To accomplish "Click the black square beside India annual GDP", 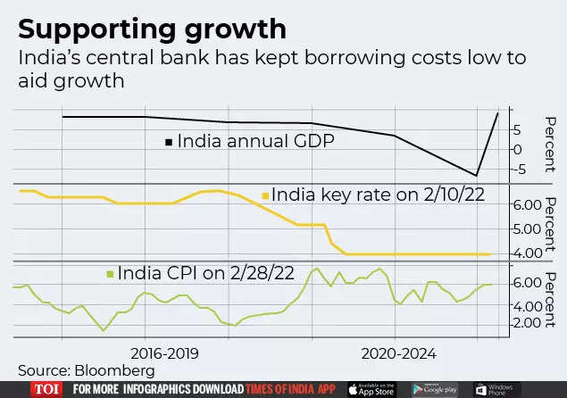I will pos(168,141).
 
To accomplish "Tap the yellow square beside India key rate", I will pos(264,195).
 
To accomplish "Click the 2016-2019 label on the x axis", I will pos(171,353).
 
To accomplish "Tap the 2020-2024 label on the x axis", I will pos(399,353).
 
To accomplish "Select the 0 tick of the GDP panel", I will pos(519,149).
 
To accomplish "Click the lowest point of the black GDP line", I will pos(478,175).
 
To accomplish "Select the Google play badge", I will pos(436,389).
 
